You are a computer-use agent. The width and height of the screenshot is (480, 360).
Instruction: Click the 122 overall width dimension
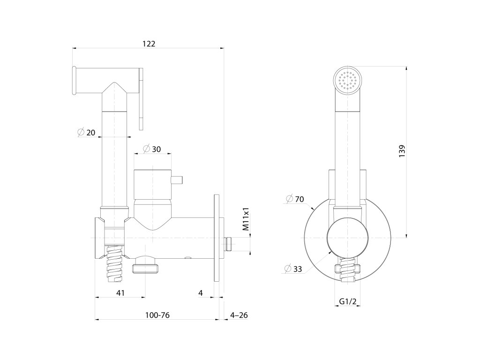[149, 44]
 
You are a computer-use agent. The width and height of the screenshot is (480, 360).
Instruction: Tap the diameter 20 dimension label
[86, 133]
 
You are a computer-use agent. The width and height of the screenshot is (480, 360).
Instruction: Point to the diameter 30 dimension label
[151, 149]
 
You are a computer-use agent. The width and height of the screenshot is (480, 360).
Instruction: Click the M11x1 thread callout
[246, 219]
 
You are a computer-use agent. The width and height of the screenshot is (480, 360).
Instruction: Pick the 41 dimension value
[120, 292]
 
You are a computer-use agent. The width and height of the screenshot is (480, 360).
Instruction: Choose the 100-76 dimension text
[157, 315]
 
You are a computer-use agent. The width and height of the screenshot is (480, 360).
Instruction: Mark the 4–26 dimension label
[239, 315]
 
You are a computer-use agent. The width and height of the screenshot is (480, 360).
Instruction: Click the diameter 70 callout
[295, 199]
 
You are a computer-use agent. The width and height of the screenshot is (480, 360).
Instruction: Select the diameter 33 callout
[294, 269]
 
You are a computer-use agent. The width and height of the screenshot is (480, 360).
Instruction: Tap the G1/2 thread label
[347, 301]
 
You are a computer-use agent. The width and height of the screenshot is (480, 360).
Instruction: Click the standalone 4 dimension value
[200, 292]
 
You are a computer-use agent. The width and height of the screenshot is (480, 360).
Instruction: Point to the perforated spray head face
[348, 80]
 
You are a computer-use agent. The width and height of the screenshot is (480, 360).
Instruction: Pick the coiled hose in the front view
[347, 273]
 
